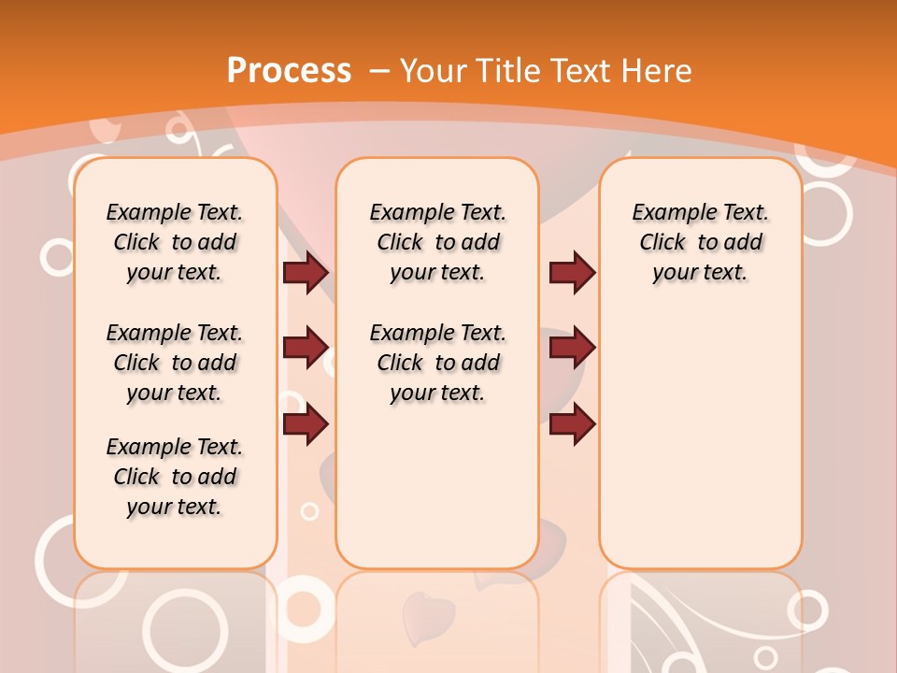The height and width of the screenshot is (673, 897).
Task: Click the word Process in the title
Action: pyautogui.click(x=290, y=70)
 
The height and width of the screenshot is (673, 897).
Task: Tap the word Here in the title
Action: pyautogui.click(x=658, y=70)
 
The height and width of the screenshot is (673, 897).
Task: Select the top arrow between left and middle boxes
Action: pyautogui.click(x=306, y=272)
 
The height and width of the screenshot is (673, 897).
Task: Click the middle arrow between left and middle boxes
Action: pyautogui.click(x=306, y=348)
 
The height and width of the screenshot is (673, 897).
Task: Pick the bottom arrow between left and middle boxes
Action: pyautogui.click(x=306, y=424)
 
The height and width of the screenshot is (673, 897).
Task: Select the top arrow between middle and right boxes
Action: pyautogui.click(x=572, y=272)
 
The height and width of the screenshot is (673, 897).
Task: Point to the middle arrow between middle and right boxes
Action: pyautogui.click(x=572, y=348)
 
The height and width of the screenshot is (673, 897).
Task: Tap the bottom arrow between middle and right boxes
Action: pyautogui.click(x=572, y=424)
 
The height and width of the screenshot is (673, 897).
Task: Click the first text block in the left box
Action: pyautogui.click(x=174, y=242)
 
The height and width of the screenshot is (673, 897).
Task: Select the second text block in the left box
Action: pyautogui.click(x=174, y=363)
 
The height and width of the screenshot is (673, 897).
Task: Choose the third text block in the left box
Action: pyautogui.click(x=174, y=477)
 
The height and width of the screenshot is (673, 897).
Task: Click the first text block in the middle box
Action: pyautogui.click(x=437, y=242)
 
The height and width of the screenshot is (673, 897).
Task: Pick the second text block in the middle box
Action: pyautogui.click(x=437, y=363)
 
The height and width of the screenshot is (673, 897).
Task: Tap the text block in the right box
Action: pyautogui.click(x=700, y=242)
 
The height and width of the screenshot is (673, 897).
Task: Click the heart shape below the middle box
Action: pyautogui.click(x=427, y=613)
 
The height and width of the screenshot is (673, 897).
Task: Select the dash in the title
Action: pyautogui.click(x=379, y=70)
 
